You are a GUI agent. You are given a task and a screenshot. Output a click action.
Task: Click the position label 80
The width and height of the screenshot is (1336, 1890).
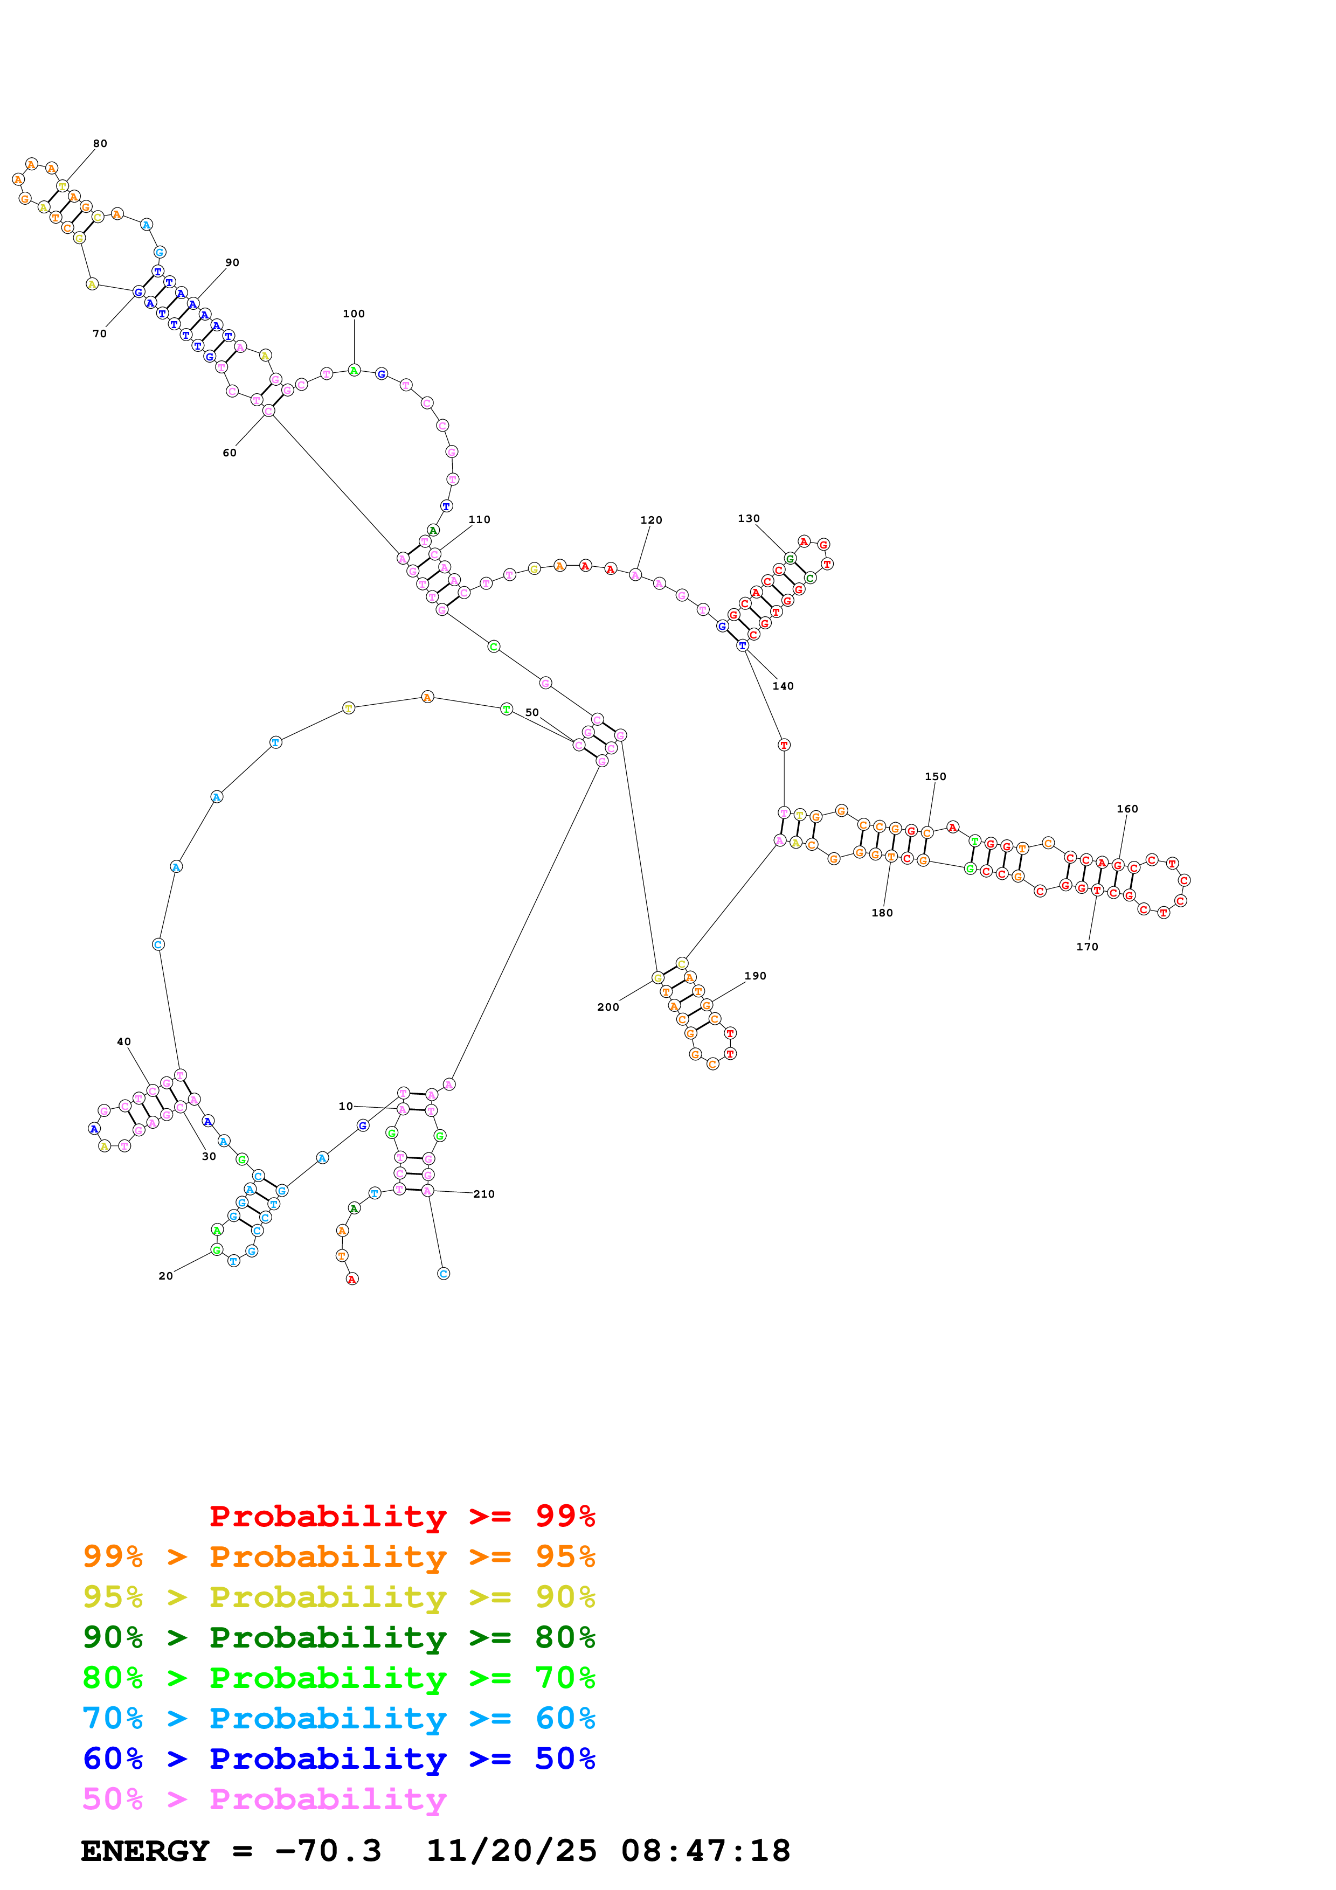point(100,143)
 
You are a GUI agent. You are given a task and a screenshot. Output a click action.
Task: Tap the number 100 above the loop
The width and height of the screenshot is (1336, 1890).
point(354,314)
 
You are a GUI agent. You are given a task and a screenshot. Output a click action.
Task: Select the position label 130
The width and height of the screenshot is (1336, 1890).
point(748,519)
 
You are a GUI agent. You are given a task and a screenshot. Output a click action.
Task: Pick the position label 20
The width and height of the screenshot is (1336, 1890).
point(165,1276)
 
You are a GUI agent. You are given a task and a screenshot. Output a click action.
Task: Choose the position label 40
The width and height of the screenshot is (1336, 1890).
point(123,1041)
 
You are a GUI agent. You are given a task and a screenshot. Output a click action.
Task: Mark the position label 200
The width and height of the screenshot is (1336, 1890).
point(607,1007)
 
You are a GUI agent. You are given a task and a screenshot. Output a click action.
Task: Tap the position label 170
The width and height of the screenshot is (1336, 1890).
point(1086,947)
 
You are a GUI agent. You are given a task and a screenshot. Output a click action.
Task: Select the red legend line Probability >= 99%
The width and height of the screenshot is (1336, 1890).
point(402,1516)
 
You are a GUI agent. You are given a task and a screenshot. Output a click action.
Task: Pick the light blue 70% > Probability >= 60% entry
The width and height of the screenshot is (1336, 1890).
point(338,1719)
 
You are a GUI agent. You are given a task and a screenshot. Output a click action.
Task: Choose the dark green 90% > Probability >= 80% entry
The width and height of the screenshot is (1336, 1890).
point(338,1637)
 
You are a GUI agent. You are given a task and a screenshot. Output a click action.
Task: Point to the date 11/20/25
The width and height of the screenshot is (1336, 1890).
point(511,1851)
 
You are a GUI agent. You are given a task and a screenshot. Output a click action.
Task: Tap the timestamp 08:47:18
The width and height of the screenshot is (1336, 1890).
point(705,1851)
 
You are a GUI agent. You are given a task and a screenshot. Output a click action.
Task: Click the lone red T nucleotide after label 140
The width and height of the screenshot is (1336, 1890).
point(784,745)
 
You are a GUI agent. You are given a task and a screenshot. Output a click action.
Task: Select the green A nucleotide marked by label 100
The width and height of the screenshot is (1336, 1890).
point(354,371)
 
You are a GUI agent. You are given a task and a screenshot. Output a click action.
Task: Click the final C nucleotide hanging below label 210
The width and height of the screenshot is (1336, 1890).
point(444,1274)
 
